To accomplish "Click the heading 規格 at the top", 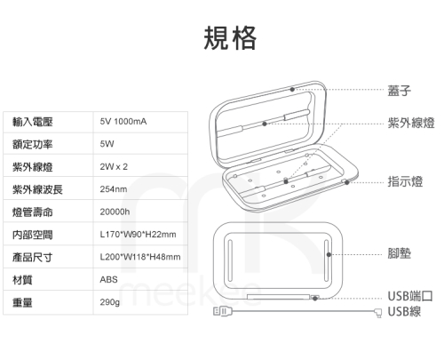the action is (x=230, y=37).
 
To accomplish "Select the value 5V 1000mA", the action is (x=123, y=122).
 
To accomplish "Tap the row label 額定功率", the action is (x=33, y=144).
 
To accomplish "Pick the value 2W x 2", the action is (x=114, y=166).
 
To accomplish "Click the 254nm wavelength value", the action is (x=114, y=189).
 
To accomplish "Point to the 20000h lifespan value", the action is (x=115, y=212).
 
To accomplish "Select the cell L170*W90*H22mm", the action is (x=138, y=235).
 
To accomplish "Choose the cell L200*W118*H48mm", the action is (x=140, y=257).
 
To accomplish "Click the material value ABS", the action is (x=108, y=279).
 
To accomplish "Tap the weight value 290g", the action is (x=110, y=302).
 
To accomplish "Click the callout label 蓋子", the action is (x=400, y=91).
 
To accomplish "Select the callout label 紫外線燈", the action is (x=411, y=123).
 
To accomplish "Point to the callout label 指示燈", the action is (x=405, y=181).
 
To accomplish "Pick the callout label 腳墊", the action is (x=400, y=253).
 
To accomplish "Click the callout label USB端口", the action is (x=410, y=296).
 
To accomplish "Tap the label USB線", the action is (x=404, y=311).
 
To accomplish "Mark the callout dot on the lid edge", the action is (x=292, y=89).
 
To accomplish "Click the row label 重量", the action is (x=22, y=302).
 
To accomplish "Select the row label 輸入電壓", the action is (x=33, y=122).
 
